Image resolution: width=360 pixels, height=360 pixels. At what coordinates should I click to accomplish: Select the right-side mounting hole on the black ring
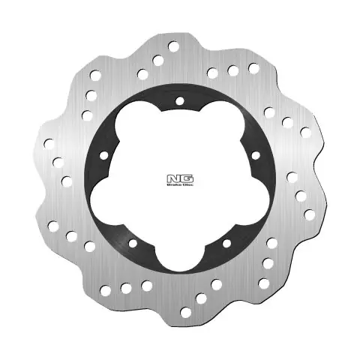(x=255, y=155)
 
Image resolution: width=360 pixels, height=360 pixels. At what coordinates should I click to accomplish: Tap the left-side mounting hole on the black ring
(x=103, y=156)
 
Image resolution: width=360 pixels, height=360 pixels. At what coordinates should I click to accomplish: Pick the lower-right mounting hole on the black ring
(x=226, y=244)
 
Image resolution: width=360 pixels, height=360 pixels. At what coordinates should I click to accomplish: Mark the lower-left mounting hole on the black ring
(x=133, y=244)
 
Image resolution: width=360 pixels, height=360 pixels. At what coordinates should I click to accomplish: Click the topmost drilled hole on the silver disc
(x=174, y=47)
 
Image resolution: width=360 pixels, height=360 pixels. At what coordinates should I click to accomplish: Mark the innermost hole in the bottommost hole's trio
(x=216, y=284)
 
